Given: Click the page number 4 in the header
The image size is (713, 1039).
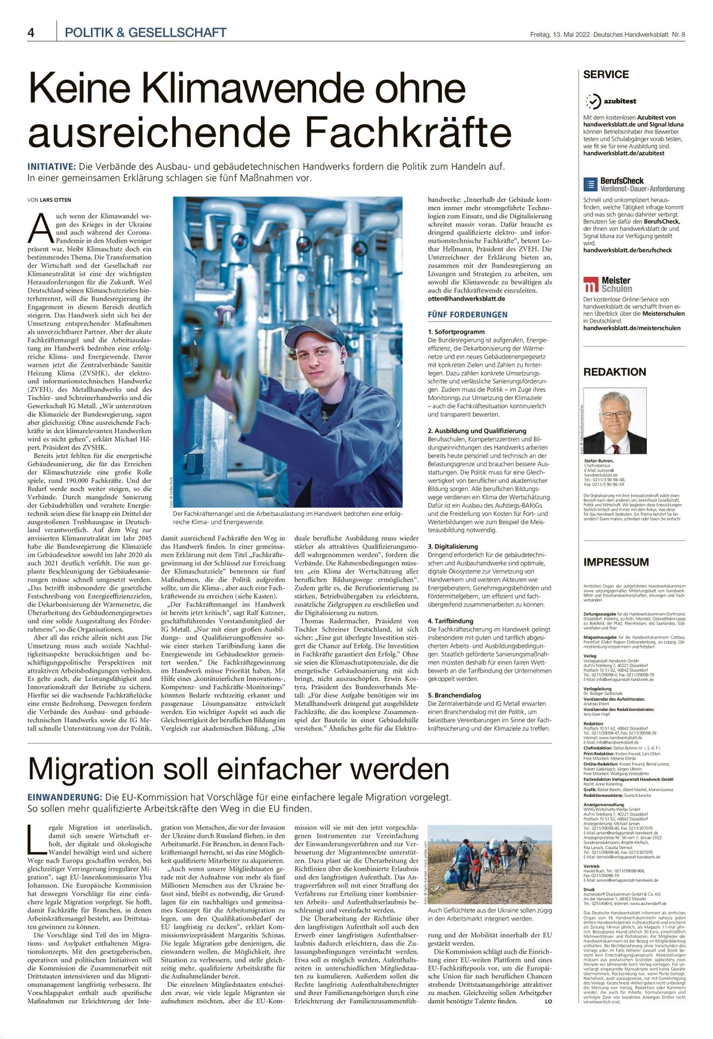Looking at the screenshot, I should pyautogui.click(x=31, y=33).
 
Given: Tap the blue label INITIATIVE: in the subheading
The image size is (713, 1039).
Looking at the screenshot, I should pyautogui.click(x=52, y=167).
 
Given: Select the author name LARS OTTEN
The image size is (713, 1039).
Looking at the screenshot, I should pyautogui.click(x=55, y=200).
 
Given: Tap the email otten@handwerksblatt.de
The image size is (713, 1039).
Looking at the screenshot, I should pyautogui.click(x=466, y=298).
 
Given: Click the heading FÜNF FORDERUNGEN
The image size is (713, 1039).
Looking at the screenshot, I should pyautogui.click(x=467, y=315).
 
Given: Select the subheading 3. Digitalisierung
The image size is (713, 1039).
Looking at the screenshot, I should pyautogui.click(x=452, y=546).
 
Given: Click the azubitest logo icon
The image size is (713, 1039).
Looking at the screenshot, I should pyautogui.click(x=593, y=101).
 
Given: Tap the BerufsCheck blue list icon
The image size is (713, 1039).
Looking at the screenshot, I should pyautogui.click(x=590, y=184).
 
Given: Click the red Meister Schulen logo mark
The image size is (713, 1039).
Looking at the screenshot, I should pyautogui.click(x=590, y=284).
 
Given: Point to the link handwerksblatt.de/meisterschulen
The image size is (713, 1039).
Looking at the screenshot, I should pyautogui.click(x=631, y=328).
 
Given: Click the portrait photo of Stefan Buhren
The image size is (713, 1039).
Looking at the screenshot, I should pyautogui.click(x=615, y=421).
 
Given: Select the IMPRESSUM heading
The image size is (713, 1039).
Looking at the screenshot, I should pyautogui.click(x=616, y=562).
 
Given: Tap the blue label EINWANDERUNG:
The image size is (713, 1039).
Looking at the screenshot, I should pyautogui.click(x=65, y=797).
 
